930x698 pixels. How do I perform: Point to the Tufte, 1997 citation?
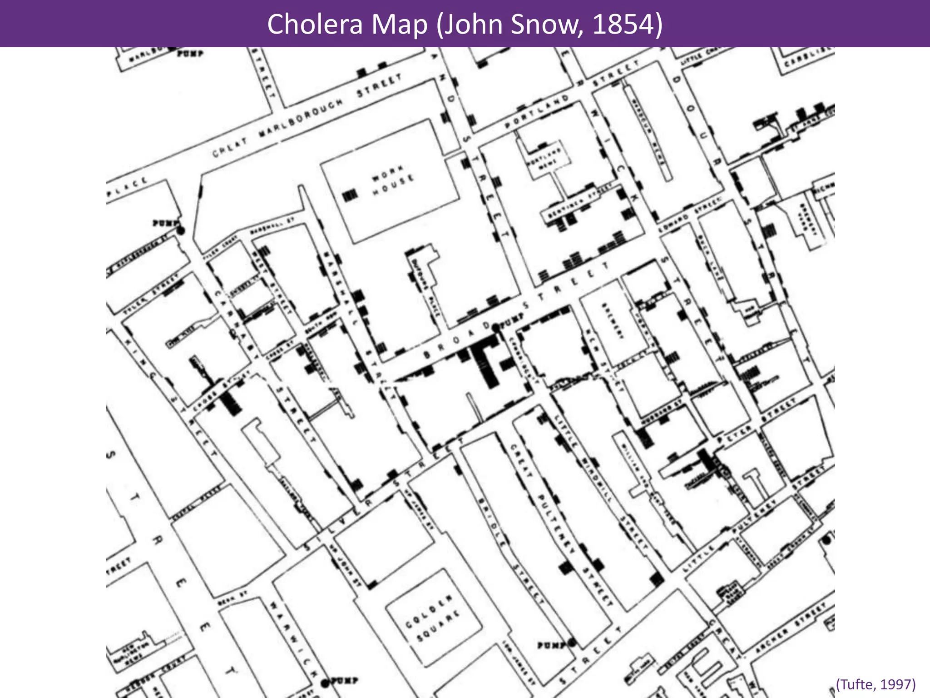(x=876, y=684)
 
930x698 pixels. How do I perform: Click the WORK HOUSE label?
(x=393, y=180)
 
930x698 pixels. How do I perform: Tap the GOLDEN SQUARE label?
(x=433, y=618)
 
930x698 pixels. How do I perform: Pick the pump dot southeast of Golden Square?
(x=572, y=643)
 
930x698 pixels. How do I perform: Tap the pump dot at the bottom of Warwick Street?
(x=325, y=683)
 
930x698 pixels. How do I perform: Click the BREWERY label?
(x=613, y=321)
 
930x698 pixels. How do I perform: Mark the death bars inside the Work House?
(x=350, y=196)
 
